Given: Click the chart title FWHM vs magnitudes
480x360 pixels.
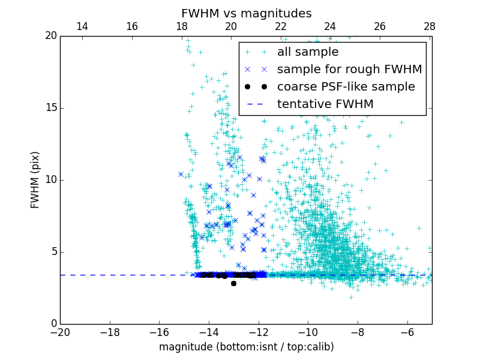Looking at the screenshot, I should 246,13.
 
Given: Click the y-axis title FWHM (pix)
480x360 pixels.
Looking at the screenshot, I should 35,179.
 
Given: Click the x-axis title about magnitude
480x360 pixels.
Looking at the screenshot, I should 246,347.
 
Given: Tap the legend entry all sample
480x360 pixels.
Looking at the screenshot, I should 308,52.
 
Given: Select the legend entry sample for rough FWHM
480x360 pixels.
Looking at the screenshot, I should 349,70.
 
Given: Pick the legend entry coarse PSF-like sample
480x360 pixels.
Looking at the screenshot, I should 346,86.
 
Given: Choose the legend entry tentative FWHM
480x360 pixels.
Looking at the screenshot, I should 325,104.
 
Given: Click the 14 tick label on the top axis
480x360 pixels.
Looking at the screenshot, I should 82,26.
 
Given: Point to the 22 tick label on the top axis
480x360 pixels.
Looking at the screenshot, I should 281,26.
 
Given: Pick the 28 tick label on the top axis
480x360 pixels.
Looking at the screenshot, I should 430,26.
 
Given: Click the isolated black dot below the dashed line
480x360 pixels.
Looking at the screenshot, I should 233,283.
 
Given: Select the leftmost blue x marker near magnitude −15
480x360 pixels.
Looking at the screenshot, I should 181,174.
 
